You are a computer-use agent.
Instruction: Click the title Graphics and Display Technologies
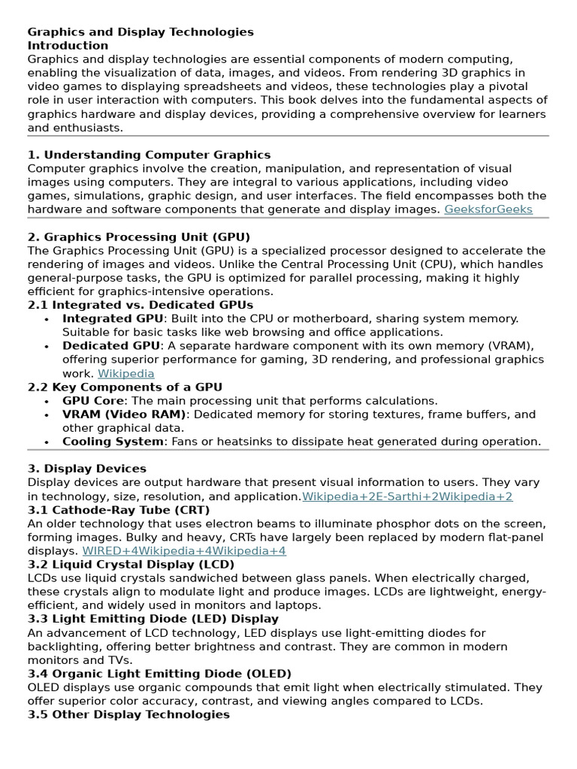pos(140,32)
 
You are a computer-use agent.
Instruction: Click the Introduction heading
pos(68,46)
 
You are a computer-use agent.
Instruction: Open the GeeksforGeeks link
pos(488,210)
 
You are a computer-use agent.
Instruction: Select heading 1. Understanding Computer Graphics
pos(149,155)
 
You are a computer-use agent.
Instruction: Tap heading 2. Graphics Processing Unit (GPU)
pos(139,237)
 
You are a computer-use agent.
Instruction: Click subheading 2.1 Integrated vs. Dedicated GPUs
pos(140,305)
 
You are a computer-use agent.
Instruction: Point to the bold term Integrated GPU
pos(111,318)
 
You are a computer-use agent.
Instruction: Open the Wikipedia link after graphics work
pos(126,373)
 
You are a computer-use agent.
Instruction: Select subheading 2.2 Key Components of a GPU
pos(125,387)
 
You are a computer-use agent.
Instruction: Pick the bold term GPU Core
pos(93,401)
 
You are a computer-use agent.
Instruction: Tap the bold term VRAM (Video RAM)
pos(124,415)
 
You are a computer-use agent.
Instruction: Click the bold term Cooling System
pos(112,442)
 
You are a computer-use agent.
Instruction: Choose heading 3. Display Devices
pos(87,469)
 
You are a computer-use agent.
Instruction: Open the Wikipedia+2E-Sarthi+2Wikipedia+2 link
pos(407,496)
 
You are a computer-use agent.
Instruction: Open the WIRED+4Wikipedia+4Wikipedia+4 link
pos(184,550)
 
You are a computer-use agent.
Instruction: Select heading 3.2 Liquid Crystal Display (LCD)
pos(131,564)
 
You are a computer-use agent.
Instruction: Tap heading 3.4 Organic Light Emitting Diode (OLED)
pos(159,674)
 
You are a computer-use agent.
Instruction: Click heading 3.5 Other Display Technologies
pos(128,714)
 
